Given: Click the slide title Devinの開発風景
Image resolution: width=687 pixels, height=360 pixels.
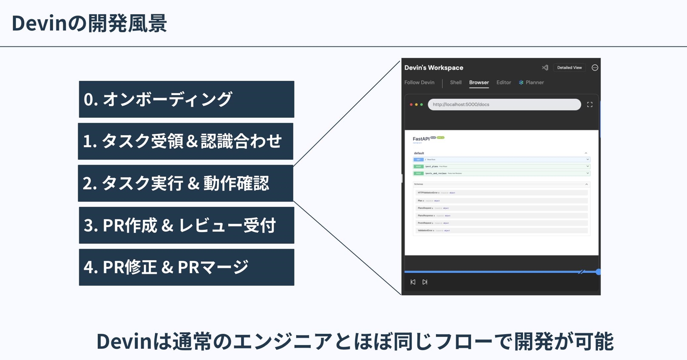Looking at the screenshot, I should point(89,23).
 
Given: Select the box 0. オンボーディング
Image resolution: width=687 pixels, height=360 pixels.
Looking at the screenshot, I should point(186,99).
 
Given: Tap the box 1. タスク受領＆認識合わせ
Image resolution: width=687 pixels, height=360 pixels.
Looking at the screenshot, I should point(186,141).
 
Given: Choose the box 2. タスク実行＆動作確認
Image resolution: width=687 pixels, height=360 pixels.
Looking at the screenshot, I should point(186,183).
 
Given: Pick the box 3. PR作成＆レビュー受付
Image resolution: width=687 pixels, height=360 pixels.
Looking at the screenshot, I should point(186,225).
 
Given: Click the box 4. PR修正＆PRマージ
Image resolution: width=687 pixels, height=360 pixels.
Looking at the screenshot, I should point(186,267).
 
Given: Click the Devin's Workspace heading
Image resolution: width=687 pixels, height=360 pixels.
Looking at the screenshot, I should point(433,68).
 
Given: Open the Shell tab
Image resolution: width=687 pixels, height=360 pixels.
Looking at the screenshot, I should point(455,83).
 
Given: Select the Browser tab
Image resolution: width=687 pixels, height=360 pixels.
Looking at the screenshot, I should point(479,83).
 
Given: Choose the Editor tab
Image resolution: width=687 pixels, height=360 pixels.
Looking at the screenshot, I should point(503,83).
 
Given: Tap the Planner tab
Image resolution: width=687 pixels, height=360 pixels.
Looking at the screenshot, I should point(534,83).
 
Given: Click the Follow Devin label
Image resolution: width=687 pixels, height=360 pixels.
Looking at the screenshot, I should point(419,83).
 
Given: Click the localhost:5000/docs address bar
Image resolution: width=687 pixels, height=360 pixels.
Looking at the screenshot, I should point(504,105).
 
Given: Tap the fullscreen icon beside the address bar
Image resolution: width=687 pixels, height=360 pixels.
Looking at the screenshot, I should point(590,105).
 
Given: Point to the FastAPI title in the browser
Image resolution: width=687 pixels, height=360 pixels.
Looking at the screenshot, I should point(421,139).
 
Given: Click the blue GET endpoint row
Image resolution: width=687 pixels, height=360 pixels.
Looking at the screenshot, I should point(501,159).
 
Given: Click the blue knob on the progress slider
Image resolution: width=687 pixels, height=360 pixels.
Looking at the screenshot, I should point(598,272).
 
